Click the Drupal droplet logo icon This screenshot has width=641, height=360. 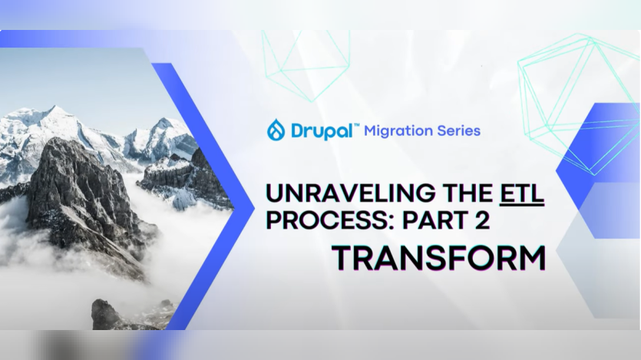[x=276, y=130]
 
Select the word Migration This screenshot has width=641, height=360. [x=397, y=130]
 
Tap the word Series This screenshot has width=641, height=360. [x=458, y=130]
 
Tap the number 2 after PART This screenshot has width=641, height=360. [x=481, y=221]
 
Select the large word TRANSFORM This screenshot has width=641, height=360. [x=438, y=258]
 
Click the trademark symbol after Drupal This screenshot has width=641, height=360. [x=355, y=124]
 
